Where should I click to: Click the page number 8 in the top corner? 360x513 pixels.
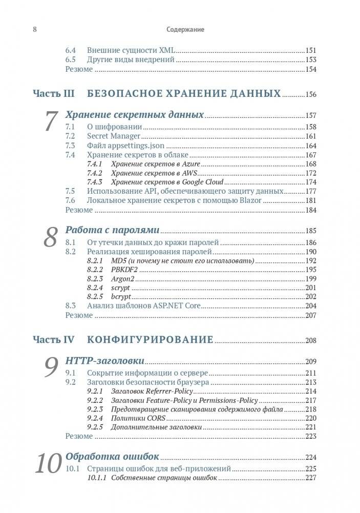pyautogui.click(x=34, y=30)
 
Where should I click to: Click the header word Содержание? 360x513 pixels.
pyautogui.click(x=185, y=30)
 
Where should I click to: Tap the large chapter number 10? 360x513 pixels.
pyautogui.click(x=49, y=464)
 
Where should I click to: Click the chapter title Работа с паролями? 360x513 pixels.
pyautogui.click(x=112, y=230)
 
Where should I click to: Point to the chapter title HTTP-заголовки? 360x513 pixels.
pyautogui.click(x=104, y=361)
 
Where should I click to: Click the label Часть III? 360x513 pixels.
pyautogui.click(x=54, y=94)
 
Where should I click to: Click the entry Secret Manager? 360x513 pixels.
pyautogui.click(x=113, y=136)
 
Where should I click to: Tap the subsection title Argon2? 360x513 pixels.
pyautogui.click(x=123, y=279)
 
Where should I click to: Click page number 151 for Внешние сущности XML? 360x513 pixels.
pyautogui.click(x=310, y=51)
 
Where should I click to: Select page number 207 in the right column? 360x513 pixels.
pyautogui.click(x=310, y=315)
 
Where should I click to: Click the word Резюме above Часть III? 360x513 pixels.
pyautogui.click(x=79, y=70)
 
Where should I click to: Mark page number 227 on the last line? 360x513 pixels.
pyautogui.click(x=310, y=478)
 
